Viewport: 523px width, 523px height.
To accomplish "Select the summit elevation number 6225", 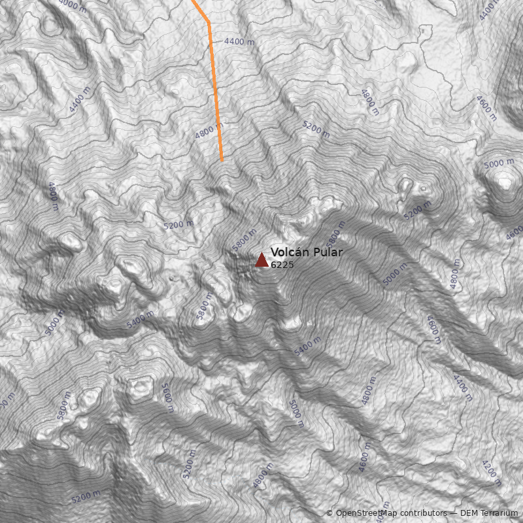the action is coord(282,265).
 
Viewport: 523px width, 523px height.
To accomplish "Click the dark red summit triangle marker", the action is coord(261,260).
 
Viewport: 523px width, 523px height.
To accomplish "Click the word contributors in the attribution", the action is coord(424,513).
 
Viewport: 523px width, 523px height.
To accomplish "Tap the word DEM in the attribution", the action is coord(469,513).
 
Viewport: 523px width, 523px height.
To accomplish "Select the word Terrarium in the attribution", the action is coord(499,513).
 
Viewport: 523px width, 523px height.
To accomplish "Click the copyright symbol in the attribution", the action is coord(329,513).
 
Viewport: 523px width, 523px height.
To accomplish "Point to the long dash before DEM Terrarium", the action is coord(452,513).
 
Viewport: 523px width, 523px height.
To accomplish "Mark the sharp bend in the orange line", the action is coord(209,22).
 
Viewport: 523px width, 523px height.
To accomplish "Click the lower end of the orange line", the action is coord(222,160).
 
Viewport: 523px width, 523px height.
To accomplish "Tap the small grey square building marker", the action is coord(423,30).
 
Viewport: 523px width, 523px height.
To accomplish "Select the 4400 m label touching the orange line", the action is coord(238,42).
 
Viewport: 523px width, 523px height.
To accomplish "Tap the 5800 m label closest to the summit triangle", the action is coord(243,240).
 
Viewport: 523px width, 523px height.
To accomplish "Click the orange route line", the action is coord(214,85).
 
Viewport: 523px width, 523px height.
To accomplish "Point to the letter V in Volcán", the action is coord(275,252).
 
